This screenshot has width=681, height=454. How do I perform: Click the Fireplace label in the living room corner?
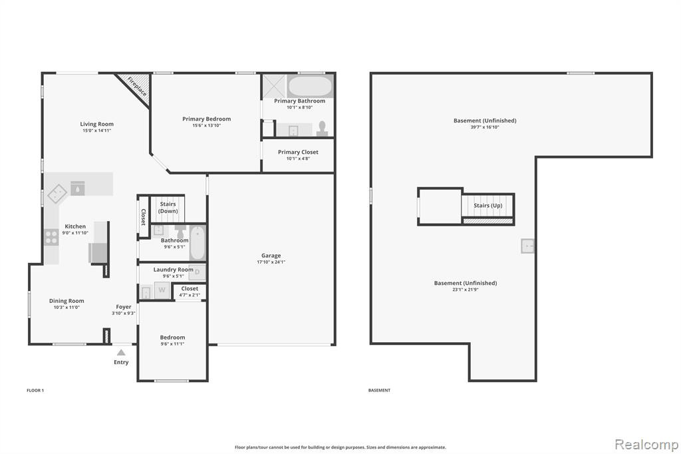pos(137,87)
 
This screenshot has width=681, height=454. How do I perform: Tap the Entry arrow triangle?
pos(121,353)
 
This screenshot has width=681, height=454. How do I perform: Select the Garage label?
pos(271,256)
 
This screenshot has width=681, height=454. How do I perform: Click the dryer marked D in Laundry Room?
pos(197,272)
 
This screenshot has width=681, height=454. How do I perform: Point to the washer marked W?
pos(162,290)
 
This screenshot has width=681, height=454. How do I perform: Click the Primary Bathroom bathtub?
pos(310,86)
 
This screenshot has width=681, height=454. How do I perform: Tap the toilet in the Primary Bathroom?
pos(322,129)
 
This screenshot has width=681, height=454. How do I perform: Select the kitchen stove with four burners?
pos(51,238)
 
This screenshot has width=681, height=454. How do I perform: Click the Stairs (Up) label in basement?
pos(487,205)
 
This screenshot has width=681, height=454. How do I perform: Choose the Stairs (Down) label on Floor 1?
pos(168,208)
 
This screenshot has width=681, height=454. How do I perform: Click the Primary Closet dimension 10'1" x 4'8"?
pos(298,158)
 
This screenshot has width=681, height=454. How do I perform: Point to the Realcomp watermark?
pos(646,445)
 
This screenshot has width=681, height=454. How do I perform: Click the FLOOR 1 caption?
pos(35,391)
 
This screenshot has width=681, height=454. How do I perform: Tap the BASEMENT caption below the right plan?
pos(379,391)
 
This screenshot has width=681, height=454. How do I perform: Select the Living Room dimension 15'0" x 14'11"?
pos(97,130)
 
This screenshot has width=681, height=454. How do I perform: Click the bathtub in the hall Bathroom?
pos(198,243)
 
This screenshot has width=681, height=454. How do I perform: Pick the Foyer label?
pos(124,307)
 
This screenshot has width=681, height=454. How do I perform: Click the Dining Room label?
pos(67,301)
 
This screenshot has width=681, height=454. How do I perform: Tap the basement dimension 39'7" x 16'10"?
pos(485,127)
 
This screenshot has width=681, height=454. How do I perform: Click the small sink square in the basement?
pos(527,246)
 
